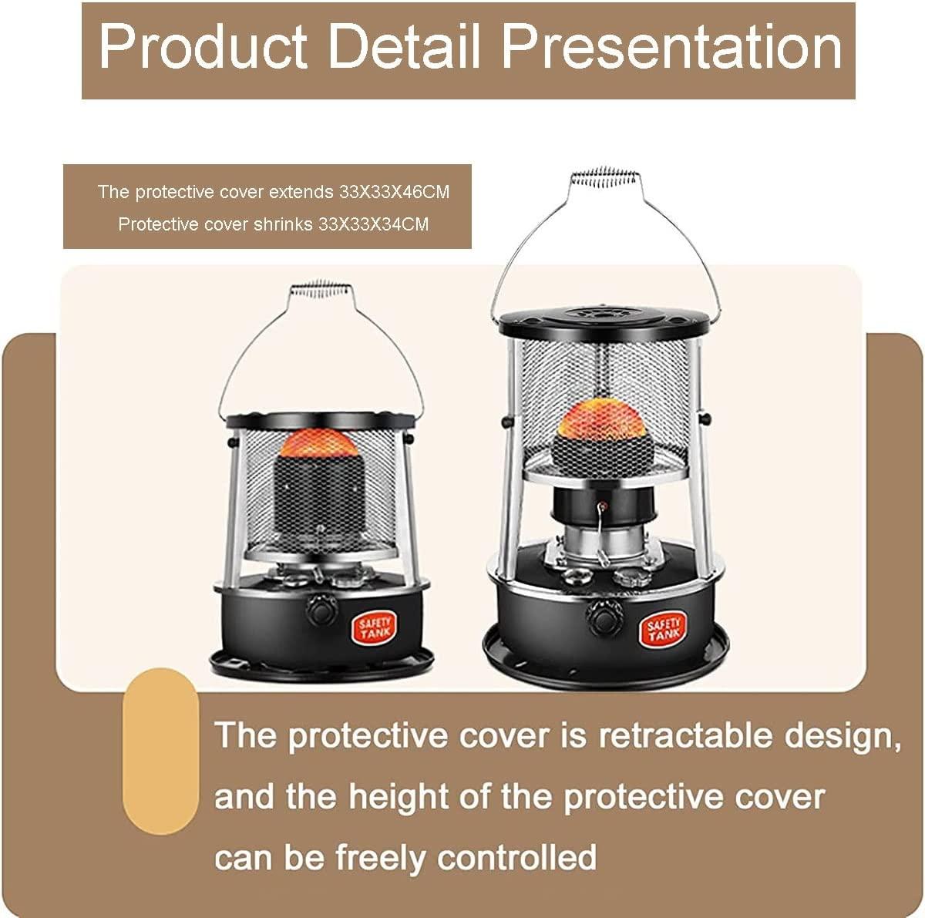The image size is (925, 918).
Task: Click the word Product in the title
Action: coord(203,48)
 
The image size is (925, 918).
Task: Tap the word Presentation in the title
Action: coord(672,48)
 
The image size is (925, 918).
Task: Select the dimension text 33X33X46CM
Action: coord(394,192)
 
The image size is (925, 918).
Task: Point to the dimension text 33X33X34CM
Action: coord(373,224)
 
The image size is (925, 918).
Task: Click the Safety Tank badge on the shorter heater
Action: coord(375,628)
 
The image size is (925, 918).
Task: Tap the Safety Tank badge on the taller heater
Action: coord(663,630)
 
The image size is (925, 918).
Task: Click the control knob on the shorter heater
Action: coord(322,610)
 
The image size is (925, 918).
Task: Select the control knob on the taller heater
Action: coord(604,617)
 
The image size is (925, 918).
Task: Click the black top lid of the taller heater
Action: coord(604,321)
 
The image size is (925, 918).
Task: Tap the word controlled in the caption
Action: coord(516,858)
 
